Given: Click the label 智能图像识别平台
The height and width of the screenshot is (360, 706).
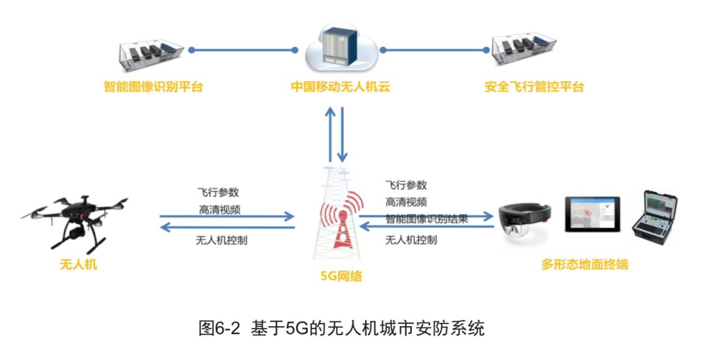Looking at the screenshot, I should pos(153,86).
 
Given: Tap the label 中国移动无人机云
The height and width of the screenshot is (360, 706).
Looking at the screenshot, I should pos(341,86).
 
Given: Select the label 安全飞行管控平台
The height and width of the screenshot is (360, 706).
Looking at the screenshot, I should pos(534,86).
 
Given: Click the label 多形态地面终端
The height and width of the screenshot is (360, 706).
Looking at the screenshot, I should pos(584,265).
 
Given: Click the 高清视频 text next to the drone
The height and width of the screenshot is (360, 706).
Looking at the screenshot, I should pos(219,210).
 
